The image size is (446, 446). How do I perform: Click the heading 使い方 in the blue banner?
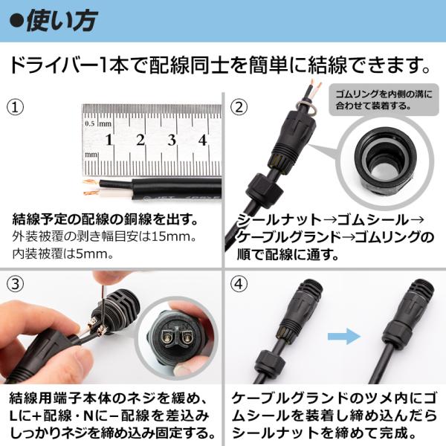[x=62, y=21]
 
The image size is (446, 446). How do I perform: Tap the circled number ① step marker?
[x=15, y=107]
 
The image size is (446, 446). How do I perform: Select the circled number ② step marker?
[x=239, y=107]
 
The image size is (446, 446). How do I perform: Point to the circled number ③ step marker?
[x=15, y=284]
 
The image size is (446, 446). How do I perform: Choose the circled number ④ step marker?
[x=239, y=284]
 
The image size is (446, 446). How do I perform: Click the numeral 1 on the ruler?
[x=109, y=140]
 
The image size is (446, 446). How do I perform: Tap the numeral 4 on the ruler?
[x=202, y=140]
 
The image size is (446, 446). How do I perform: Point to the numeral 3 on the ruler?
[x=172, y=140]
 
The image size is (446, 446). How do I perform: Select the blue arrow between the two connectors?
[x=344, y=336]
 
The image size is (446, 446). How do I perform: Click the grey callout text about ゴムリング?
[x=384, y=100]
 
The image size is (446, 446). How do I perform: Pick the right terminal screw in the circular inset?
[x=187, y=337]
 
